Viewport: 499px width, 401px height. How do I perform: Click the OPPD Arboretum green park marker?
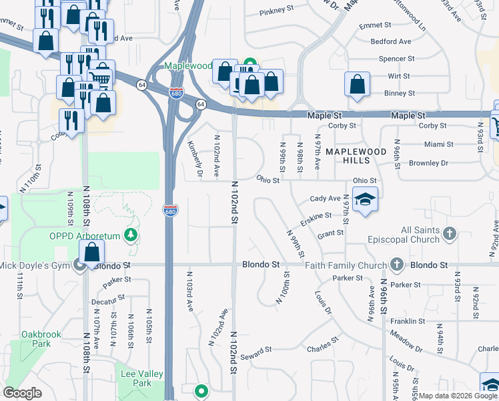pyautogui.click(x=132, y=236)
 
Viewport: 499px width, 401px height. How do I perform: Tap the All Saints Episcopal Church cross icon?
pyautogui.click(x=450, y=234)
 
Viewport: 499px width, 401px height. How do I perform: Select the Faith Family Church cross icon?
pyautogui.click(x=397, y=264)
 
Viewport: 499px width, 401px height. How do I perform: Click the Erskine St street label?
pyautogui.click(x=316, y=216)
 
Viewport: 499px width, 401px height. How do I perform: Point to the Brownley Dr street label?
pyautogui.click(x=428, y=163)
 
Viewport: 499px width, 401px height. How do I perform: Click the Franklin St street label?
pyautogui.click(x=409, y=321)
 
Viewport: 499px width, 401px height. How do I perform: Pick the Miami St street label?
pyautogui.click(x=438, y=144)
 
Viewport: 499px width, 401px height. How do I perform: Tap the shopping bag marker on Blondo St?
pyautogui.click(x=92, y=253)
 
